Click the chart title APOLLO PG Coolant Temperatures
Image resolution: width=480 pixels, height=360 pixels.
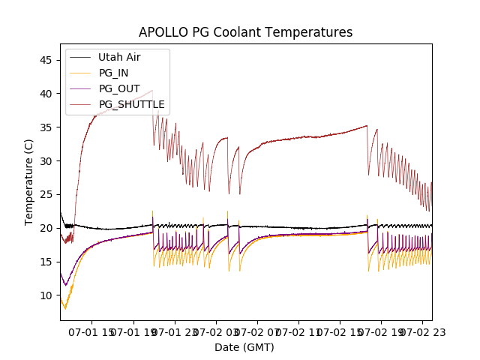(245, 33)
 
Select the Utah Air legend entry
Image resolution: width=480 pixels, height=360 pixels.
(118, 57)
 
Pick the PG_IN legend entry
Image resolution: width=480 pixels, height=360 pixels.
(114, 73)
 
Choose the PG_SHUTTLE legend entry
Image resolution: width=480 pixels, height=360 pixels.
(131, 104)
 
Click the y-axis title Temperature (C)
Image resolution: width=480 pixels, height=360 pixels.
(29, 181)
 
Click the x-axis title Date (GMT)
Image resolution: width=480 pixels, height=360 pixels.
(244, 347)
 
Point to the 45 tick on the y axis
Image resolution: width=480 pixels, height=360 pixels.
(47, 60)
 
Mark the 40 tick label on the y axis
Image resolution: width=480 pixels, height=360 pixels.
(47, 94)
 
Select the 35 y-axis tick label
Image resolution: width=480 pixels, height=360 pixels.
(47, 127)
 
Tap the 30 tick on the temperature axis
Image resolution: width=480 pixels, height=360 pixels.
(47, 161)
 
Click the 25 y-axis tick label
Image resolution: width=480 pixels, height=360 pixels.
(47, 194)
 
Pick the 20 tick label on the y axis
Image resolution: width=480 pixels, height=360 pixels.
(47, 228)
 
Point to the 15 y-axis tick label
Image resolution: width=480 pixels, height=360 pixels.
(47, 262)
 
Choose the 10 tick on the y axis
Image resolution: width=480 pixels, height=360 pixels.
(47, 295)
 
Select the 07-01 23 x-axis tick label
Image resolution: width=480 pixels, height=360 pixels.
(175, 331)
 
